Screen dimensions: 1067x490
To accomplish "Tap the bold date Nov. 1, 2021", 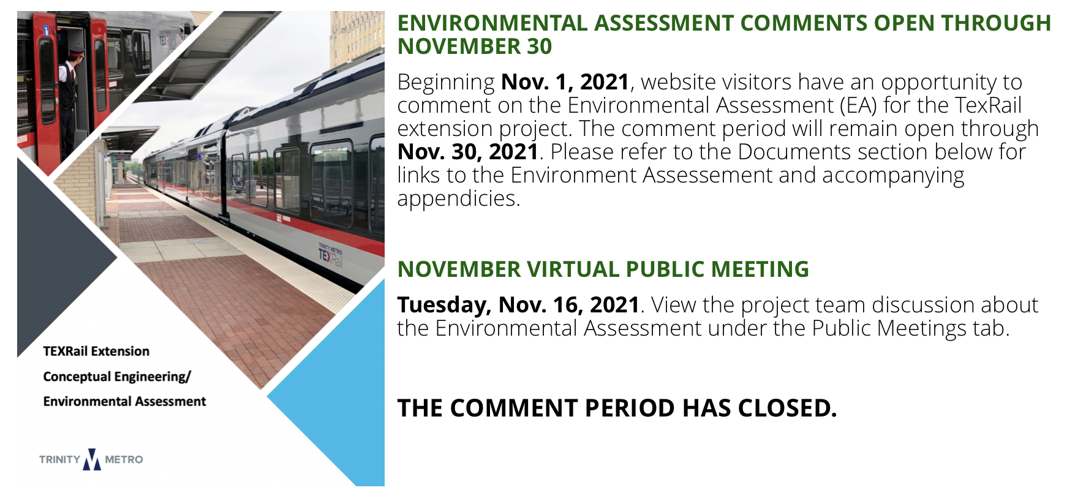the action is (x=565, y=82).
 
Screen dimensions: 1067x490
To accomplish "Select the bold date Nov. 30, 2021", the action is (x=468, y=152).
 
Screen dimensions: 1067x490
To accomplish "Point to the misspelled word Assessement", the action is (x=707, y=175).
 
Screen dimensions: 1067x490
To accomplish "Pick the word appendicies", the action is (x=458, y=199).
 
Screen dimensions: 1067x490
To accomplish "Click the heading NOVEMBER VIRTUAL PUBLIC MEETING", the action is (x=603, y=269).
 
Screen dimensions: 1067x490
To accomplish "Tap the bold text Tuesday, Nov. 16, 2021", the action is (x=518, y=305).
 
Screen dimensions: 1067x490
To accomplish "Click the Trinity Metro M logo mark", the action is (x=92, y=459).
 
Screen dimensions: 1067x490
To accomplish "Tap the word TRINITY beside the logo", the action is (x=59, y=459).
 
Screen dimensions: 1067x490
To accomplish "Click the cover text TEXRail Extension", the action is (x=96, y=351).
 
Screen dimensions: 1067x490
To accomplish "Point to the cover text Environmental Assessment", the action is (x=124, y=401).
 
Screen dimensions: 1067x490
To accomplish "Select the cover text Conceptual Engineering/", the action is (x=117, y=377).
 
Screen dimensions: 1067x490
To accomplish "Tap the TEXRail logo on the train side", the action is (x=330, y=254).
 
